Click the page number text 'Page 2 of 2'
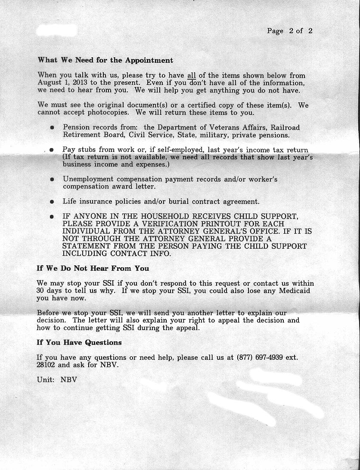289,31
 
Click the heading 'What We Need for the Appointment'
106,60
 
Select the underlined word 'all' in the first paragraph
191,75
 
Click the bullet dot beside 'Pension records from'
52,128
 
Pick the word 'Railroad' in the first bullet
285,128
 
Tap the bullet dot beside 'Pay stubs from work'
51,150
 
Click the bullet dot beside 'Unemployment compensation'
52,179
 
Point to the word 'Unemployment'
87,179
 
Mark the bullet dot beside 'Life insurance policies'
52,201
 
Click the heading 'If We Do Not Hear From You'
93,268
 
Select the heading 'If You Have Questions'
79,343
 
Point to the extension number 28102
46,365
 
